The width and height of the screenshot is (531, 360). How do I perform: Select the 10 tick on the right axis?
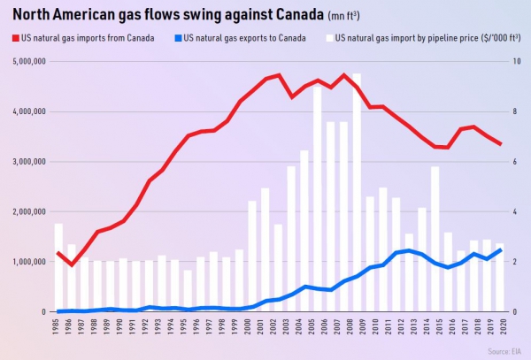(518, 61)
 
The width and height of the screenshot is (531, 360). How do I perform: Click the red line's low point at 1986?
(72, 264)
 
